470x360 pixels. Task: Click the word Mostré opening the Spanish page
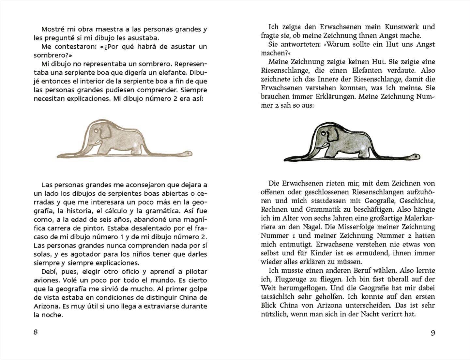coord(53,29)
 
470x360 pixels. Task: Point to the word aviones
coord(45,280)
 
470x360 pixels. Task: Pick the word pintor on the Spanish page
coord(90,228)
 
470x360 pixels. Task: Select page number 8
coord(36,332)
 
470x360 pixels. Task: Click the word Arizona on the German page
coord(324,306)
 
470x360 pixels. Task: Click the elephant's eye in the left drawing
coord(96,130)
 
